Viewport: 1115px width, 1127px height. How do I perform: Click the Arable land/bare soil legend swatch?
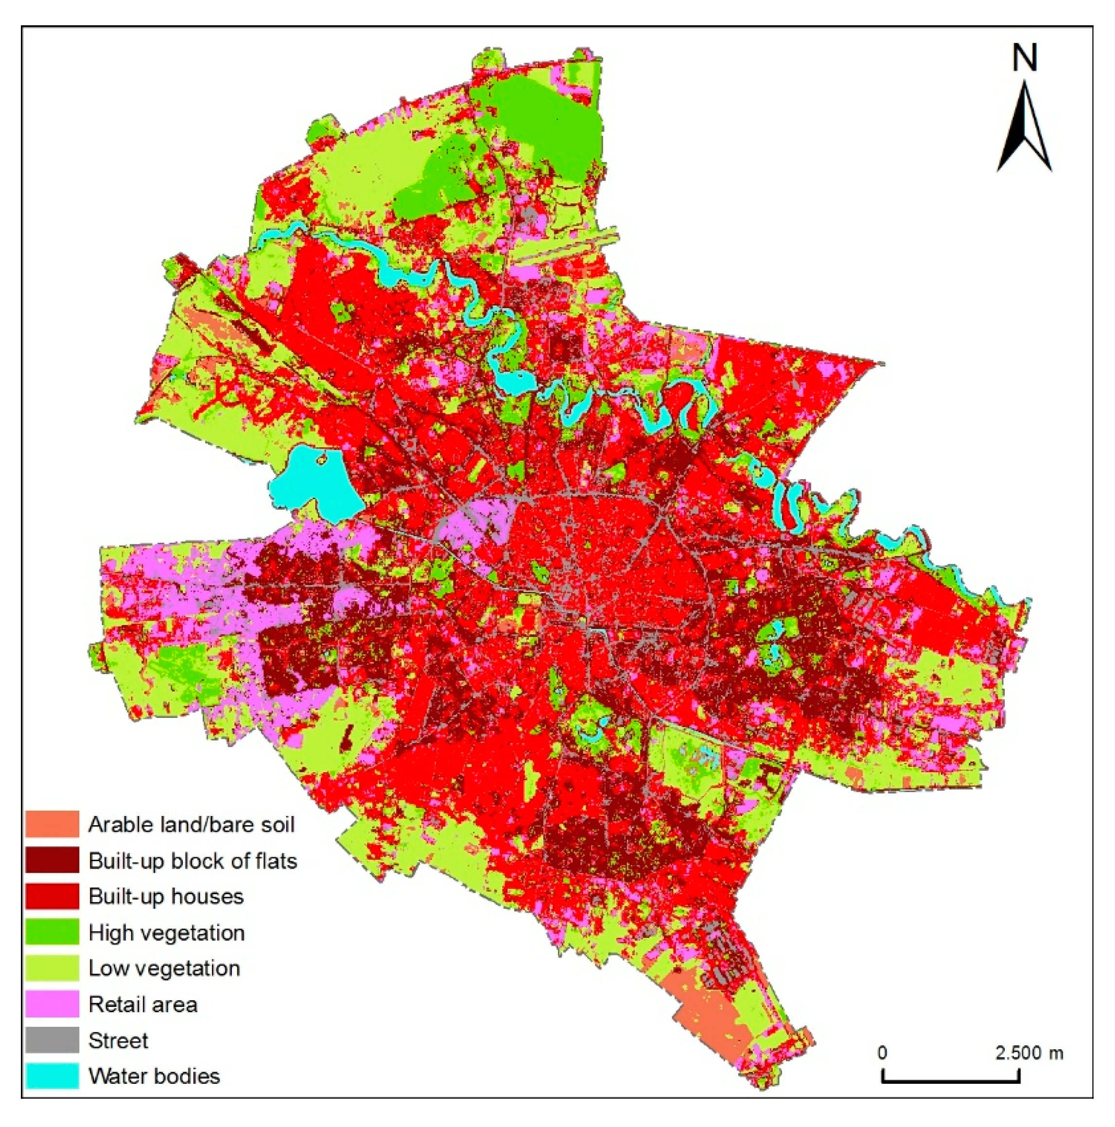[52, 824]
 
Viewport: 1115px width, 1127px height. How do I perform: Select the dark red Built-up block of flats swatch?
[52, 860]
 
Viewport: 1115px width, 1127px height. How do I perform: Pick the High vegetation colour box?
[52, 932]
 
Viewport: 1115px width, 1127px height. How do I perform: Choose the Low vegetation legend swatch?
[52, 968]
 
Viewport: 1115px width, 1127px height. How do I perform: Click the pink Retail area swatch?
[52, 1004]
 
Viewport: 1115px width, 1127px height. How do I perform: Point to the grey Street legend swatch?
[52, 1040]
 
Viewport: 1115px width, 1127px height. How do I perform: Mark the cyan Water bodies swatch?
[52, 1075]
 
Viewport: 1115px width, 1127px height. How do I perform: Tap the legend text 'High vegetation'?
[166, 932]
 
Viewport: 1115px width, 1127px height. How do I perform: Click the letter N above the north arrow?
[1025, 58]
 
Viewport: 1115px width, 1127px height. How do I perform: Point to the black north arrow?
[1024, 128]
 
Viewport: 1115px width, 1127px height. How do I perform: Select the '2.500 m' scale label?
[1028, 1053]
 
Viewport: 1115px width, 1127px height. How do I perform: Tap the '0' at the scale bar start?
[882, 1053]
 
